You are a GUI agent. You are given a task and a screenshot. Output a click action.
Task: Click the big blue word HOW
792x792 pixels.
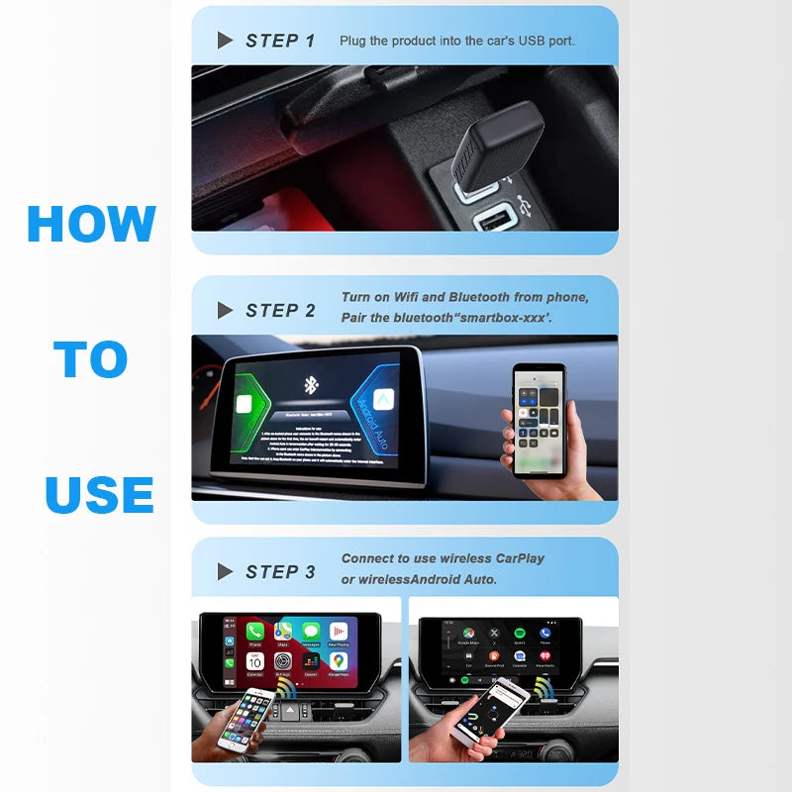tap(91, 224)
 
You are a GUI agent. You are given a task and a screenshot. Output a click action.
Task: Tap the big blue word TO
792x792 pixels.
tap(91, 359)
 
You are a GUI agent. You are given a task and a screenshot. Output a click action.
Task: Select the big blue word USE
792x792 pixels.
tap(99, 494)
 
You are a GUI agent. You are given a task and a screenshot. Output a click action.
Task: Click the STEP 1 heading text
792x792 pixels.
tap(280, 41)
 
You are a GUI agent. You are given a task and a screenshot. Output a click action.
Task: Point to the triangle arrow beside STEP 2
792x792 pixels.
tap(225, 311)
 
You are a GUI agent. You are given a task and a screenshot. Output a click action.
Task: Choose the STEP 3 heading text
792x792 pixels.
tap(280, 572)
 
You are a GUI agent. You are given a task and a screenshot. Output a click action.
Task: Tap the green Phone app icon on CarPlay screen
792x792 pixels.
tap(255, 632)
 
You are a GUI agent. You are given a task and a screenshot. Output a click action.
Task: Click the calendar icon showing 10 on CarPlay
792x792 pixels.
tap(255, 660)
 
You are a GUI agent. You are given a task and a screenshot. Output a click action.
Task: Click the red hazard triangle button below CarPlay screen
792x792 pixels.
tap(289, 711)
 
